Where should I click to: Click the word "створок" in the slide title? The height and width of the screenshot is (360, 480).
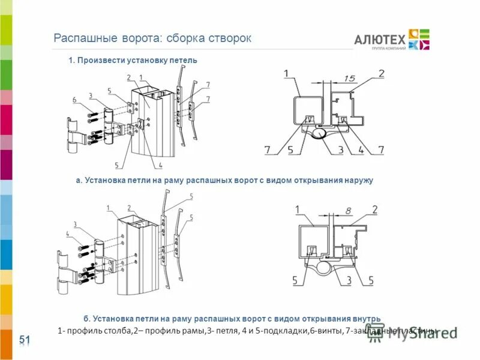230,38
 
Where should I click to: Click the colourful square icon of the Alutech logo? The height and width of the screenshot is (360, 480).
419,39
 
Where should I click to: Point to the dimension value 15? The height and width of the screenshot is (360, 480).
351,78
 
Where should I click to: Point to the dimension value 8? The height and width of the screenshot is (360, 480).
349,211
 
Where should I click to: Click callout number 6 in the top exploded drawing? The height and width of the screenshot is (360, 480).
75,100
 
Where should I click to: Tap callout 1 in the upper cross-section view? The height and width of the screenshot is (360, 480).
286,74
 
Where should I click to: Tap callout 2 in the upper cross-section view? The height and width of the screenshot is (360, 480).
381,74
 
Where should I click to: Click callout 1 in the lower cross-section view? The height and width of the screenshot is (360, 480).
297,209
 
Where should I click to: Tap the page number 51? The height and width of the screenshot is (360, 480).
25,340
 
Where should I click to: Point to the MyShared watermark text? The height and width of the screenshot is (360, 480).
420,334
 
